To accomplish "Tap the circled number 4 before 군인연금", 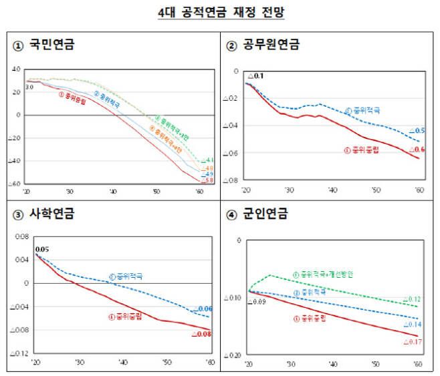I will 231,215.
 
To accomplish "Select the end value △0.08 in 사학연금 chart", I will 201,333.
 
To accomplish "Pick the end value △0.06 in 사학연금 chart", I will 203,309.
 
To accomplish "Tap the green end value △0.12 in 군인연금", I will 412,299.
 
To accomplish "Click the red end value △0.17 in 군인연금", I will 412,342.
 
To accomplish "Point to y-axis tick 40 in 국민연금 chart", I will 17,68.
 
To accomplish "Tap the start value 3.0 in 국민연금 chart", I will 29,87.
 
